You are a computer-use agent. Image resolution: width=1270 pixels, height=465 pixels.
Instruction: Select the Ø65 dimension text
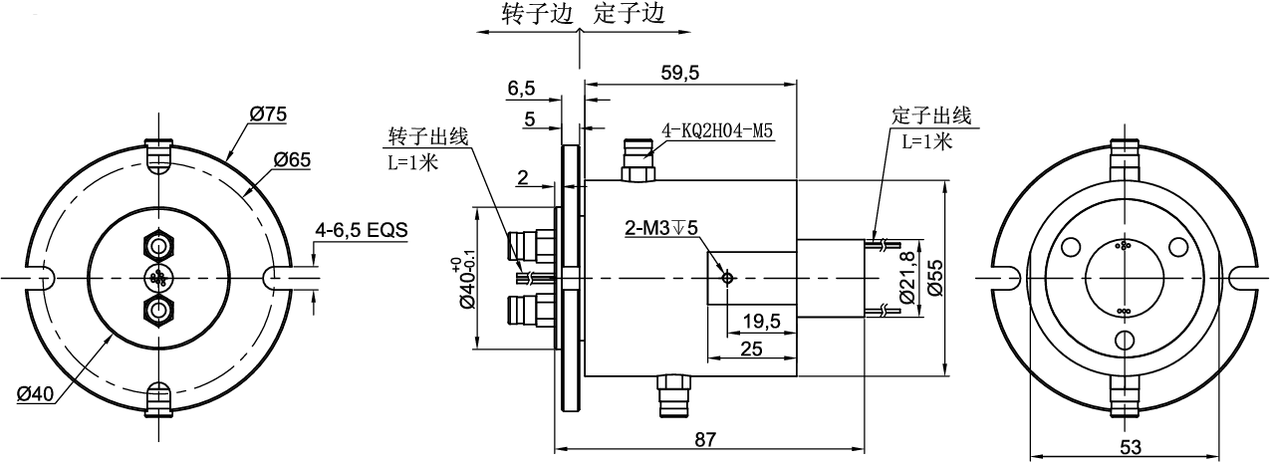tap(291, 158)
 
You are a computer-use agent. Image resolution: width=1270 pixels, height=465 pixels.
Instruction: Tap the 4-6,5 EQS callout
tap(361, 230)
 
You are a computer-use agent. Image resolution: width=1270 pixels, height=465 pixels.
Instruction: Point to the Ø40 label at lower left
tap(35, 394)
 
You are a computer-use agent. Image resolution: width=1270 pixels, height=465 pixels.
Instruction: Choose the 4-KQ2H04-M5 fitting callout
tap(718, 130)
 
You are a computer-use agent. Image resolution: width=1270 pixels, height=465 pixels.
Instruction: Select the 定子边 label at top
tap(628, 15)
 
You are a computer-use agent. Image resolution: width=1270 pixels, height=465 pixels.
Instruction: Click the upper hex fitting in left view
tap(158, 243)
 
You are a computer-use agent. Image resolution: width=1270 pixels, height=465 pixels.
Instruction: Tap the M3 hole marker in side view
tap(729, 278)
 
